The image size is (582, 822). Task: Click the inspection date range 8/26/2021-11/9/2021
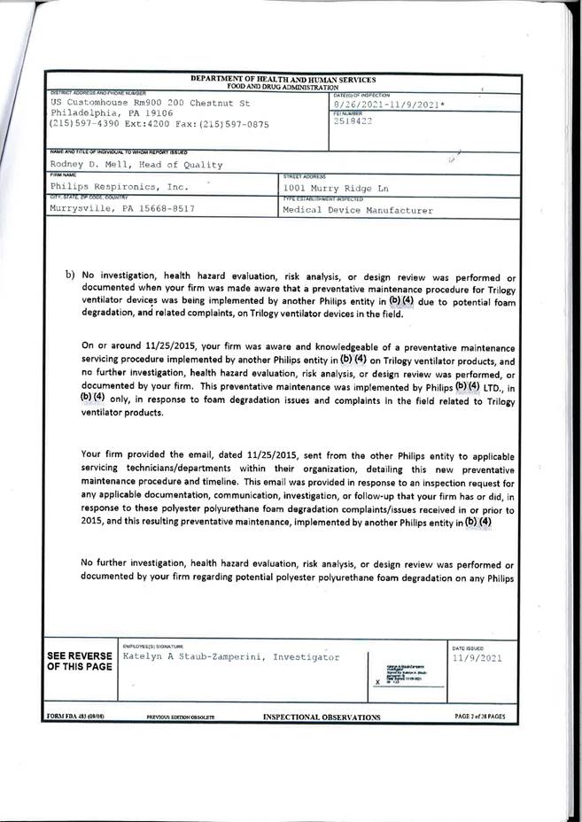click(389, 105)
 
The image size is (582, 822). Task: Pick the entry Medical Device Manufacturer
click(359, 211)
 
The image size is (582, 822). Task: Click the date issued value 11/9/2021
click(477, 659)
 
